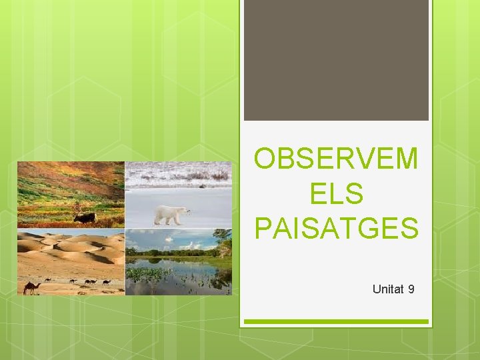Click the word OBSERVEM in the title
tap(337, 159)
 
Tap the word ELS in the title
tap(337, 194)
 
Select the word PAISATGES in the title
tap(337, 227)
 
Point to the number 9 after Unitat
tap(411, 289)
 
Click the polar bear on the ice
tap(171, 214)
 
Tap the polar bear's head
tap(185, 211)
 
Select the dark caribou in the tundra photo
tap(85, 217)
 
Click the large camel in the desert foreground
tap(32, 287)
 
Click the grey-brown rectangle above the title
tap(336, 60)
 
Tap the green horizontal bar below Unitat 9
tap(336, 321)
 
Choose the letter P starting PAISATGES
tap(262, 227)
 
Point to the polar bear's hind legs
tap(160, 219)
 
